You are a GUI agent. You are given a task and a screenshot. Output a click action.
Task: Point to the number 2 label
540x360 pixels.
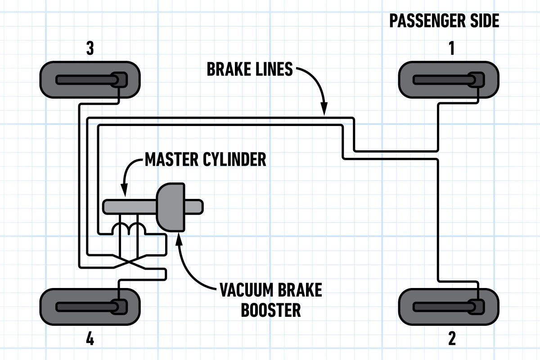coord(451,338)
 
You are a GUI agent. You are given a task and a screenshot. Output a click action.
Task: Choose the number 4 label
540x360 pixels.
coord(90,338)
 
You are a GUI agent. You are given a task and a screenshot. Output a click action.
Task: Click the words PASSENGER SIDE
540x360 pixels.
coord(444,21)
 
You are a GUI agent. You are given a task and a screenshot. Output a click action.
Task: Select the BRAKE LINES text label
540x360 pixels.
coord(250,70)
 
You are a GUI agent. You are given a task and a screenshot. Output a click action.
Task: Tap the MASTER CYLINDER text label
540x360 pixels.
coord(205,159)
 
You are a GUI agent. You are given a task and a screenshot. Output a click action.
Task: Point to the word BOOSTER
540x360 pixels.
coord(270,310)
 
